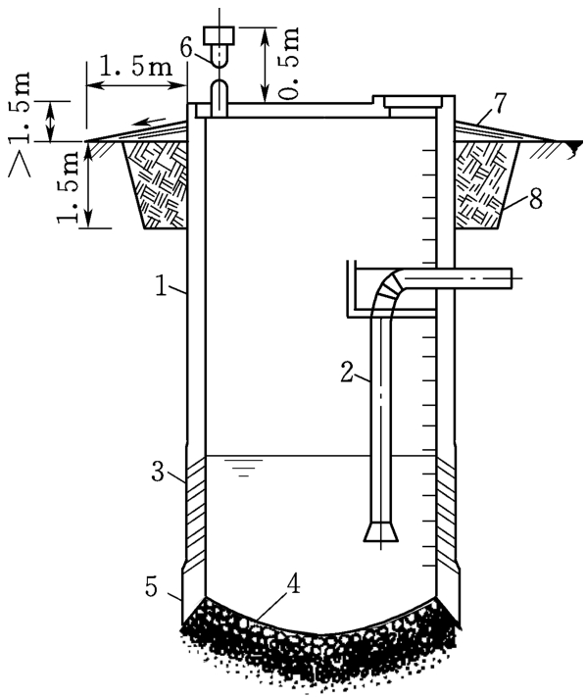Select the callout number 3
point(158,472)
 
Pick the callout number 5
point(151,586)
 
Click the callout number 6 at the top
point(186,48)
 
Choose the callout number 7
point(500,103)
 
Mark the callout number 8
point(536,199)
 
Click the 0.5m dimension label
point(288,63)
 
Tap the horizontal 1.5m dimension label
point(135,67)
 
